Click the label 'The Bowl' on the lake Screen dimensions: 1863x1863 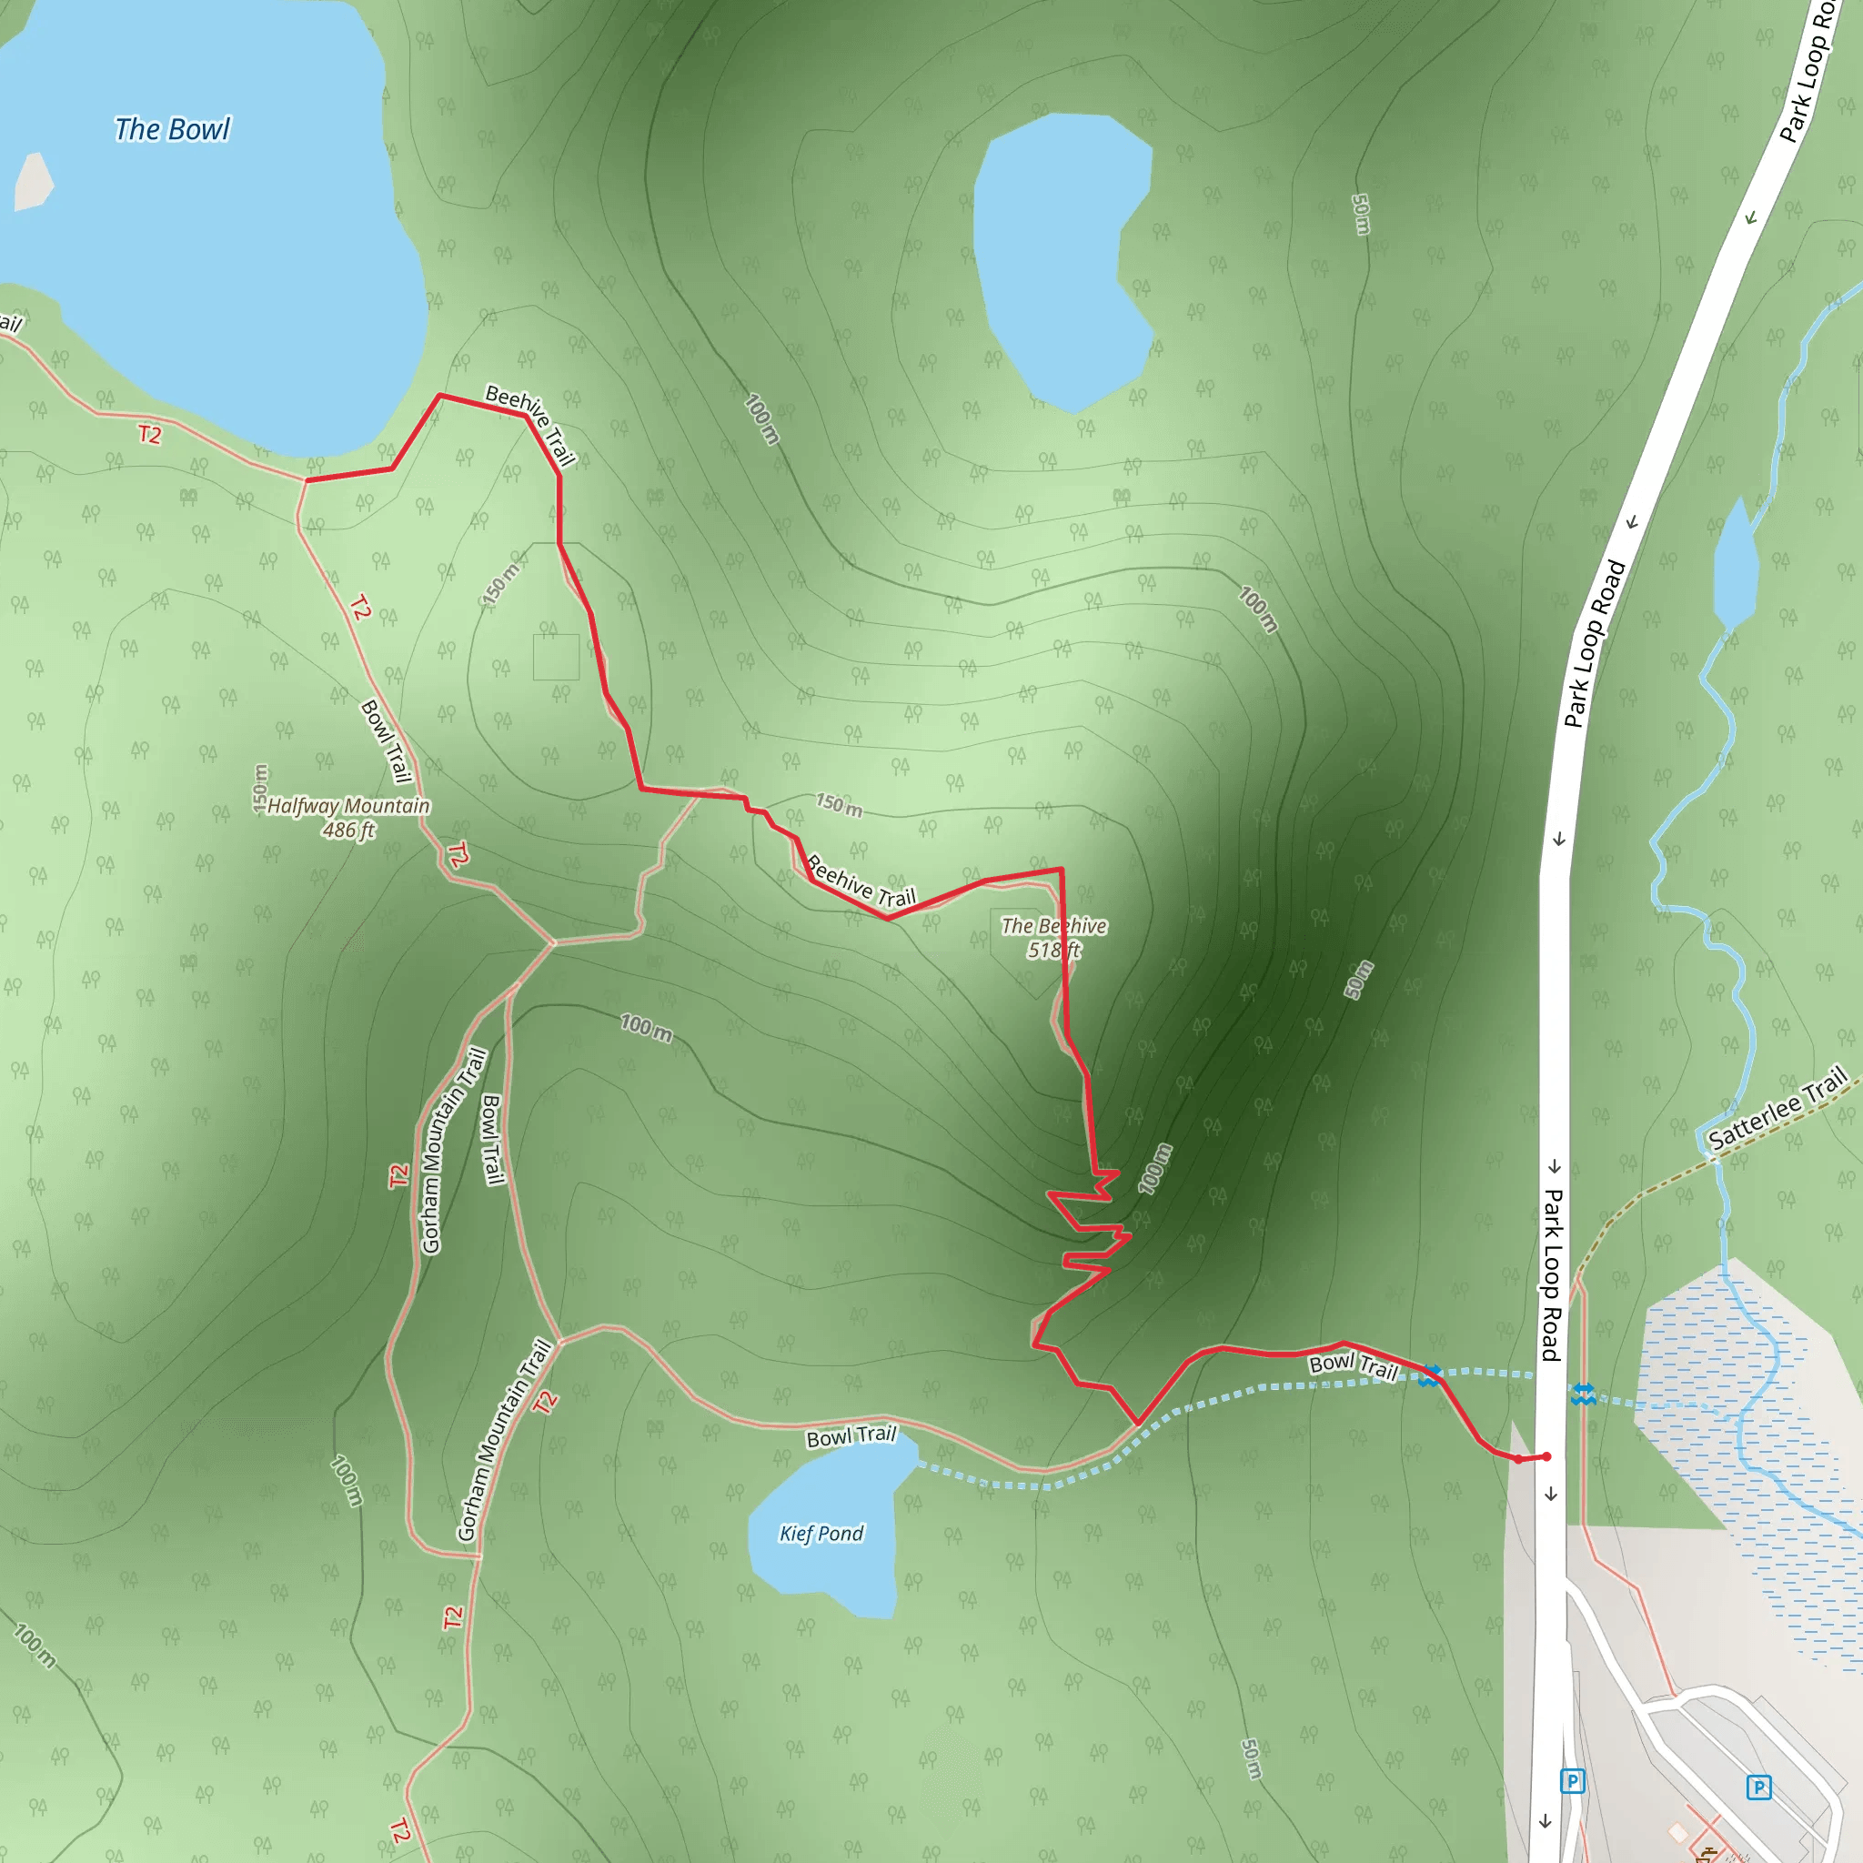tap(173, 129)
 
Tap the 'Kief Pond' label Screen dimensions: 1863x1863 tap(821, 1533)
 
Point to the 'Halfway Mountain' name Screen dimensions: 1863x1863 tap(348, 806)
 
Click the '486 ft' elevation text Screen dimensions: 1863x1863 tap(348, 831)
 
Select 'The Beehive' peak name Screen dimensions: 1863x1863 tap(1053, 926)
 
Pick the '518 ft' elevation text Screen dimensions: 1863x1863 tap(1053, 950)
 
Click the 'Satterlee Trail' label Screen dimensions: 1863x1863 tap(1777, 1108)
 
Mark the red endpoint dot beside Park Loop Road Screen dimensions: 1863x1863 tap(1546, 1457)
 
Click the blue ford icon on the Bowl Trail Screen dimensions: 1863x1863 tap(1430, 1375)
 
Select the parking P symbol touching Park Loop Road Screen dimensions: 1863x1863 tap(1572, 1781)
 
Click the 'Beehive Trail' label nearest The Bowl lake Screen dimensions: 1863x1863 tap(530, 424)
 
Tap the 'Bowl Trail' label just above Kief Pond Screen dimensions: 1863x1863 tap(851, 1435)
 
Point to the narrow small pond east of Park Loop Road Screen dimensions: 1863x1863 tap(1735, 565)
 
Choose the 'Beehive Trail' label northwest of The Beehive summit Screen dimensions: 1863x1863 tap(861, 881)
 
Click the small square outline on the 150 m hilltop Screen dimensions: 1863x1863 tap(556, 657)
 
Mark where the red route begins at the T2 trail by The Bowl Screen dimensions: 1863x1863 tap(307, 479)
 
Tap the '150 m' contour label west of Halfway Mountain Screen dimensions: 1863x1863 tap(260, 788)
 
